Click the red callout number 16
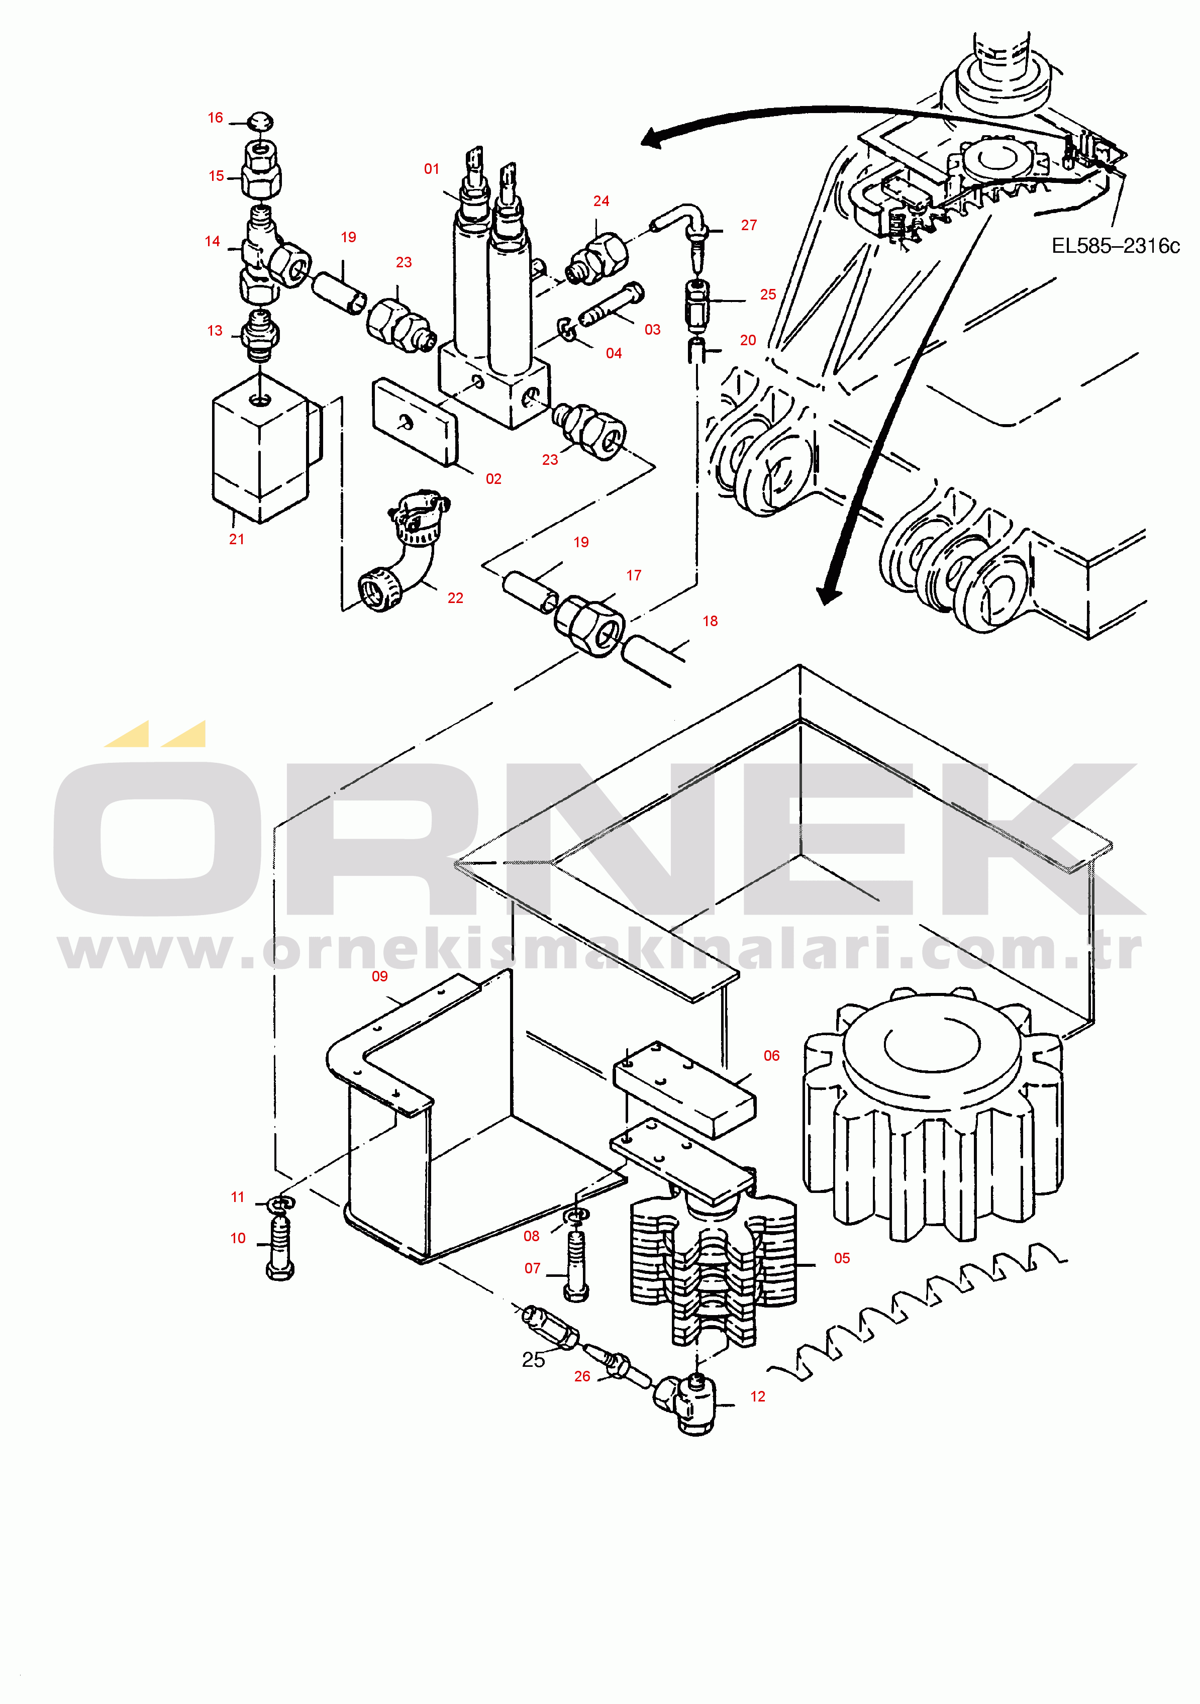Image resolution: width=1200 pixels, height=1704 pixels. [x=215, y=118]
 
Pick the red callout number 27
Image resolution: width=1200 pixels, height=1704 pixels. [x=749, y=225]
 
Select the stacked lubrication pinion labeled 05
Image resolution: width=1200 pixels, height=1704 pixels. [x=713, y=1262]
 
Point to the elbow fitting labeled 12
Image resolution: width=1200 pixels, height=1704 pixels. [x=688, y=1402]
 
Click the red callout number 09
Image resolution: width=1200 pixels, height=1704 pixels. [x=379, y=976]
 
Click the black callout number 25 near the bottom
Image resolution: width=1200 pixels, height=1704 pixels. [x=533, y=1360]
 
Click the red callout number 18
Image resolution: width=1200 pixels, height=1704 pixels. [x=710, y=621]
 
